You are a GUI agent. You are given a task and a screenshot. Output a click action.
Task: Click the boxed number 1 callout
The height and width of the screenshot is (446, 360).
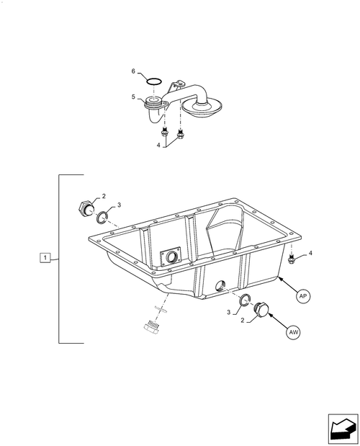(45, 258)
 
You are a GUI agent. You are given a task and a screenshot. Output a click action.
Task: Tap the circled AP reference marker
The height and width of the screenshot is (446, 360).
(303, 296)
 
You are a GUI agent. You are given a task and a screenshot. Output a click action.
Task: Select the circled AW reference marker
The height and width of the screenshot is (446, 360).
(293, 332)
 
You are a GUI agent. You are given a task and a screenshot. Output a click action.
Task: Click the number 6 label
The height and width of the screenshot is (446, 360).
(133, 71)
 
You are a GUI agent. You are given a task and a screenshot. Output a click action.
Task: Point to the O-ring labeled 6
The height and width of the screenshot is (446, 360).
(154, 81)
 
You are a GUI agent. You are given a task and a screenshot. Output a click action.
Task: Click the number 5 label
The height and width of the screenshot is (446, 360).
(133, 97)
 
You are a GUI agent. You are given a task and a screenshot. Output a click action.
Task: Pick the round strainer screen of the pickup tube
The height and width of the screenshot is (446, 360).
(202, 107)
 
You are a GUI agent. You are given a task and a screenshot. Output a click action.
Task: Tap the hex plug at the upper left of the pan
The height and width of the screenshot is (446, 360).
(86, 209)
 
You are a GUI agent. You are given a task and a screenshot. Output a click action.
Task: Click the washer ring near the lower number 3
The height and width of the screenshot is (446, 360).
(245, 300)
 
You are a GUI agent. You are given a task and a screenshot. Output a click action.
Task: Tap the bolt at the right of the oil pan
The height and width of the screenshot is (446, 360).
(291, 259)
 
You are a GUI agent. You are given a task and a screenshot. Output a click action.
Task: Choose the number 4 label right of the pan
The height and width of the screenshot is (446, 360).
(310, 253)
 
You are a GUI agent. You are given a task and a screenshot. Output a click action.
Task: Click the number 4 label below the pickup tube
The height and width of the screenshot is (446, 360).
(158, 145)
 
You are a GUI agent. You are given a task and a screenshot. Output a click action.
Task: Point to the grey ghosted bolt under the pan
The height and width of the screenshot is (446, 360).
(151, 327)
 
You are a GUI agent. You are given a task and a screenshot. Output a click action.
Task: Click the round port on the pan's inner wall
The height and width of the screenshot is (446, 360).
(172, 257)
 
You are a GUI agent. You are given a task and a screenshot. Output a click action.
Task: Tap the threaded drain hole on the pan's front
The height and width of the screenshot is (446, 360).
(220, 285)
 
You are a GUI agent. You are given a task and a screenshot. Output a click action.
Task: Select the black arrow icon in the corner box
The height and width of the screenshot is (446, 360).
(343, 429)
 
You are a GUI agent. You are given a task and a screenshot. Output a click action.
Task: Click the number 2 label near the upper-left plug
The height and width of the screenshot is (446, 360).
(104, 196)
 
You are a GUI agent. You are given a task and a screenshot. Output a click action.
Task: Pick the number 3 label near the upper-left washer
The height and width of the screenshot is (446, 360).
(119, 205)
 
